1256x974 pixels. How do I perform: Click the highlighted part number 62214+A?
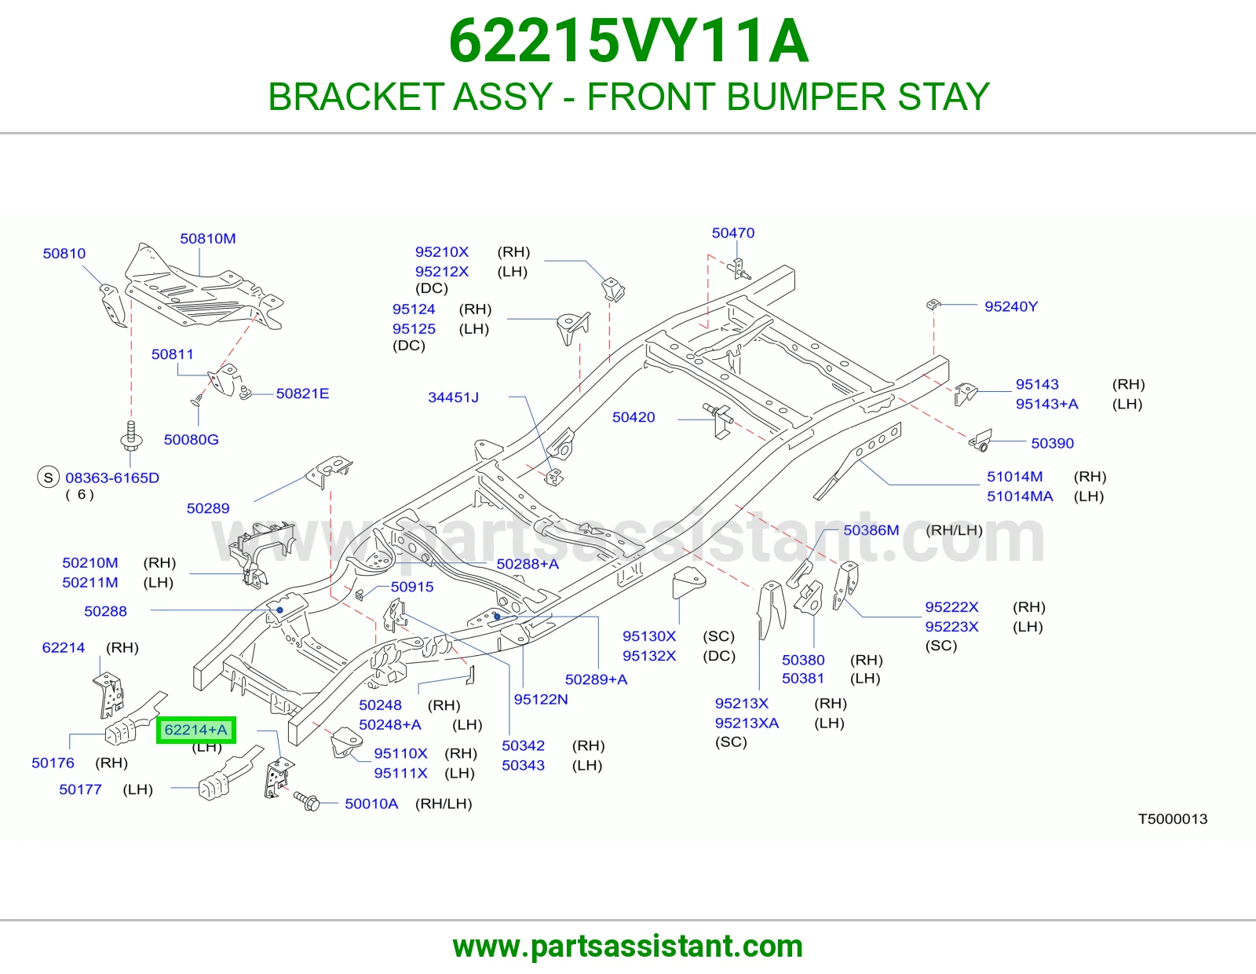coord(196,730)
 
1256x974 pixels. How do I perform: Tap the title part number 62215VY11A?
coord(628,41)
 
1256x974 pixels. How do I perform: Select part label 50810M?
coord(207,238)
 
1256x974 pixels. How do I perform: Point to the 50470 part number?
coord(733,233)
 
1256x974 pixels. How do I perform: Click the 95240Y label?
coord(1011,306)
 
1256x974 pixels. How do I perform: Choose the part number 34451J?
coord(453,397)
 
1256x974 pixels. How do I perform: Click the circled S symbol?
coord(49,477)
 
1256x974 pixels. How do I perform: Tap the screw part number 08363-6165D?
coord(112,477)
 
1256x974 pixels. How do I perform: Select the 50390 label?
coord(1052,443)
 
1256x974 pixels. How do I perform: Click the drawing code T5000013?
coord(1172,818)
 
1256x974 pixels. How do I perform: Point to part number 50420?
coord(633,417)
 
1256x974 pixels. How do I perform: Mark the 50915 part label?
coord(412,587)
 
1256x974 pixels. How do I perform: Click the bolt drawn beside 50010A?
coord(306,801)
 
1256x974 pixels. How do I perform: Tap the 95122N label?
coord(541,699)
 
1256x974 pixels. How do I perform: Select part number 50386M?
coord(871,529)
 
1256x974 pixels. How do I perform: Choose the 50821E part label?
coord(302,394)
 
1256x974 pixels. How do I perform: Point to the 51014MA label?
coord(1020,496)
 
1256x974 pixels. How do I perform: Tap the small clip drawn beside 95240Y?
coord(933,304)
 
